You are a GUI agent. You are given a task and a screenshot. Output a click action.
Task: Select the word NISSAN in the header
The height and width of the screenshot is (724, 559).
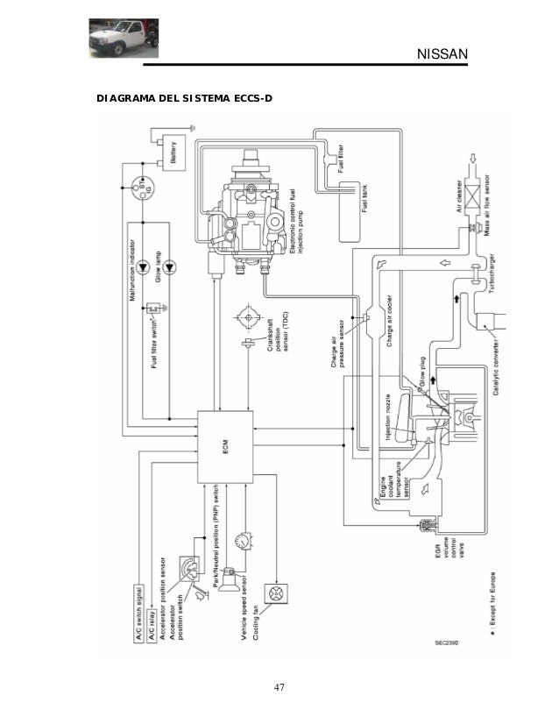(442, 58)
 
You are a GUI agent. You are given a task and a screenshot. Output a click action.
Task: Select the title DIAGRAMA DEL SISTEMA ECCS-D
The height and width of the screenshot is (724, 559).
(185, 97)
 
